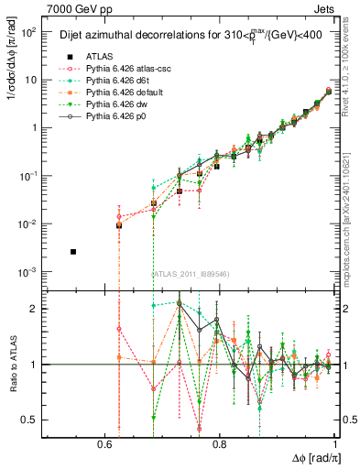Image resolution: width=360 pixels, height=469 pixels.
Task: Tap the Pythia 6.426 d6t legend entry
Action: (x=114, y=81)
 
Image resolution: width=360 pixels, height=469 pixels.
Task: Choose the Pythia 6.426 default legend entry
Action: (x=118, y=93)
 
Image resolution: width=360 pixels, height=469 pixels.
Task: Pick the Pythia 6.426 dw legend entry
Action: (x=112, y=106)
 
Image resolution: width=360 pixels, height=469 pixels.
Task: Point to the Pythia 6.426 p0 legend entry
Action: (x=111, y=119)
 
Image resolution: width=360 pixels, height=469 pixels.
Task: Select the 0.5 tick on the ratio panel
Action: (x=29, y=420)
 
